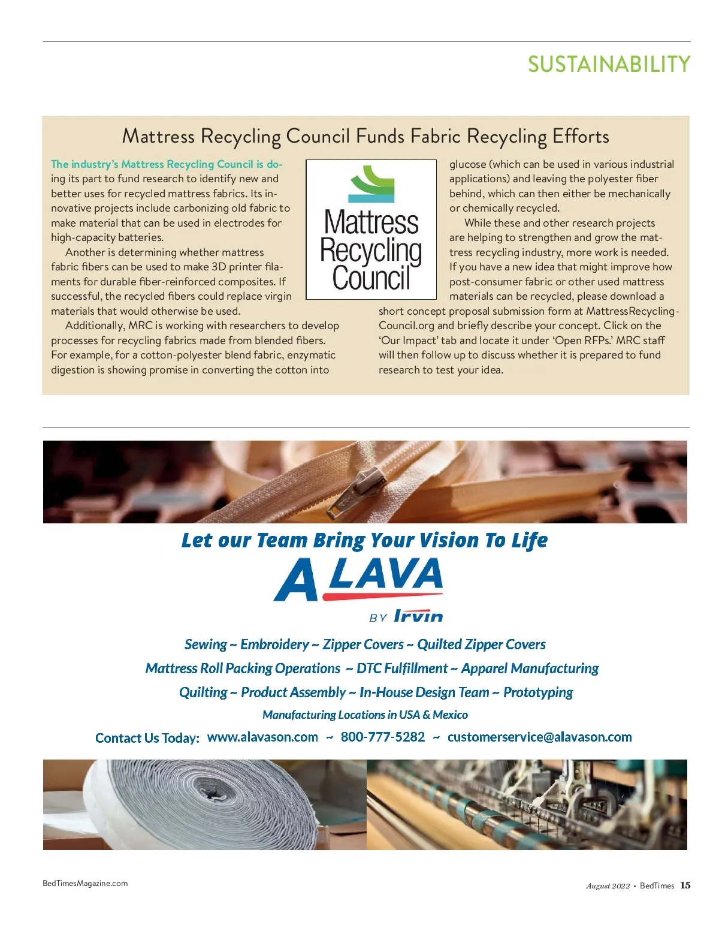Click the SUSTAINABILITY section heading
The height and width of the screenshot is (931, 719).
pyautogui.click(x=609, y=64)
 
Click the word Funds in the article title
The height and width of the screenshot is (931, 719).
pyautogui.click(x=380, y=137)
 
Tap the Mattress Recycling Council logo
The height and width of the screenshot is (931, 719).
pyautogui.click(x=371, y=230)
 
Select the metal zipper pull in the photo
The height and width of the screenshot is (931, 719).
pyautogui.click(x=359, y=490)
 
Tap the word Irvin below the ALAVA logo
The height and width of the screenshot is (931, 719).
pyautogui.click(x=418, y=616)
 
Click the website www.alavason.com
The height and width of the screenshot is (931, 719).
pyautogui.click(x=262, y=737)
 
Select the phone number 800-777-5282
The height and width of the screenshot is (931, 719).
pyautogui.click(x=383, y=737)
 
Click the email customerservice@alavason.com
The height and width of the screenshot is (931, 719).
pyautogui.click(x=539, y=737)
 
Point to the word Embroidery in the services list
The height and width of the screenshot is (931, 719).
pyautogui.click(x=274, y=644)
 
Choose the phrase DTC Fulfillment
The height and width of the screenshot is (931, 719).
pyautogui.click(x=401, y=668)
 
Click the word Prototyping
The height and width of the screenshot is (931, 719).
pyautogui.click(x=538, y=692)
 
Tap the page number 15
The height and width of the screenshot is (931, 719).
pyautogui.click(x=685, y=885)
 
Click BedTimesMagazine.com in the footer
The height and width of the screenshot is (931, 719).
pyautogui.click(x=85, y=883)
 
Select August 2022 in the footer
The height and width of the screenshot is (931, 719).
pyautogui.click(x=608, y=886)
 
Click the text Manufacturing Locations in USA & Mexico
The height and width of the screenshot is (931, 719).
pyautogui.click(x=365, y=715)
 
